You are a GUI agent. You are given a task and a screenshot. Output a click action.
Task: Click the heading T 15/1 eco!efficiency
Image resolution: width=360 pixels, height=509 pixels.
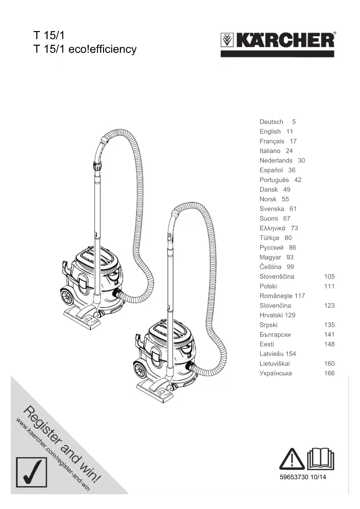point(85,49)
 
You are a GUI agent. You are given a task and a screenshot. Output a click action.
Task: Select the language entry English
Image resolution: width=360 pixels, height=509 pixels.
point(270,131)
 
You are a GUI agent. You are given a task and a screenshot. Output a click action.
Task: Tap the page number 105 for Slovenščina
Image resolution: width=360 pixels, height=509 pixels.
point(329,277)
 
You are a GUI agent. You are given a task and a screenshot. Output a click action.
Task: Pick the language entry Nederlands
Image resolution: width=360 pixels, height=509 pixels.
point(276,160)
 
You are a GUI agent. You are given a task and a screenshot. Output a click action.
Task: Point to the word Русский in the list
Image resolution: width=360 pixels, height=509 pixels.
point(272,248)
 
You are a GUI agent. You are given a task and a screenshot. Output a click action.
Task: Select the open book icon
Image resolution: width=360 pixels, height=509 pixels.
point(321,459)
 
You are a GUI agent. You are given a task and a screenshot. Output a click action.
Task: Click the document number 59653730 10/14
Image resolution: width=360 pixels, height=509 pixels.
point(303,477)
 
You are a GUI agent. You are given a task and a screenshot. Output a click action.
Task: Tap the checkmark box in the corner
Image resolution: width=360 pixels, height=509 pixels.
point(31,472)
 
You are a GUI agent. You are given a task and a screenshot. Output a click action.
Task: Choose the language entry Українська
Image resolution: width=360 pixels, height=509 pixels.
point(276,373)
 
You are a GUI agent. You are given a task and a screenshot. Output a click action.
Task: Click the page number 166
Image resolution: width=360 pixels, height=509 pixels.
point(329,373)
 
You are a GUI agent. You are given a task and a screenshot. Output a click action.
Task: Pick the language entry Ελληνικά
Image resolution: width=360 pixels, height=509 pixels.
point(272,228)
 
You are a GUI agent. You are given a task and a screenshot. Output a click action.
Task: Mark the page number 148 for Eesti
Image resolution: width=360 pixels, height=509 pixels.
point(329,344)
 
